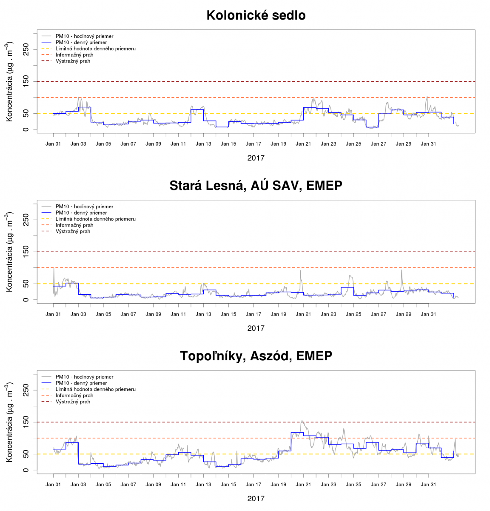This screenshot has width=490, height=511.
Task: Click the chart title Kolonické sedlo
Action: pos(256,15)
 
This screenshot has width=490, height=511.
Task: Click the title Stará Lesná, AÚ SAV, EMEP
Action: pos(256,186)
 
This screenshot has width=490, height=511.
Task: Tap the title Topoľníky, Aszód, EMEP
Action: pos(256,356)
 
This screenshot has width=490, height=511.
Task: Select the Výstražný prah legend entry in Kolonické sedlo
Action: pos(73,61)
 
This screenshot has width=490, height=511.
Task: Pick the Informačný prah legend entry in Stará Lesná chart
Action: pos(74,225)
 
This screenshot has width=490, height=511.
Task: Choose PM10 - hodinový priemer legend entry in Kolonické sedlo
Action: pos(84,36)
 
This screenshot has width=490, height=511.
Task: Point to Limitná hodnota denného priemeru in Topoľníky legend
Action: pos(95,389)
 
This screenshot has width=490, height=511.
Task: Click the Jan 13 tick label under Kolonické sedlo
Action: pos(203,144)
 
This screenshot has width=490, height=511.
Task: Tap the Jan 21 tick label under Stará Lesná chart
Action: pos(303,314)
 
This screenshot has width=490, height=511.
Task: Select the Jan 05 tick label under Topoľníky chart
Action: pos(103,485)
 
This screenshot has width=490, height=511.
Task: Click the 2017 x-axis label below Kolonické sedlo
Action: pos(256,158)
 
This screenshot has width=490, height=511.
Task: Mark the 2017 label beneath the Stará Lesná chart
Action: pos(256,328)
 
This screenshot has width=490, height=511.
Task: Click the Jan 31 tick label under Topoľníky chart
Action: pos(428,485)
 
